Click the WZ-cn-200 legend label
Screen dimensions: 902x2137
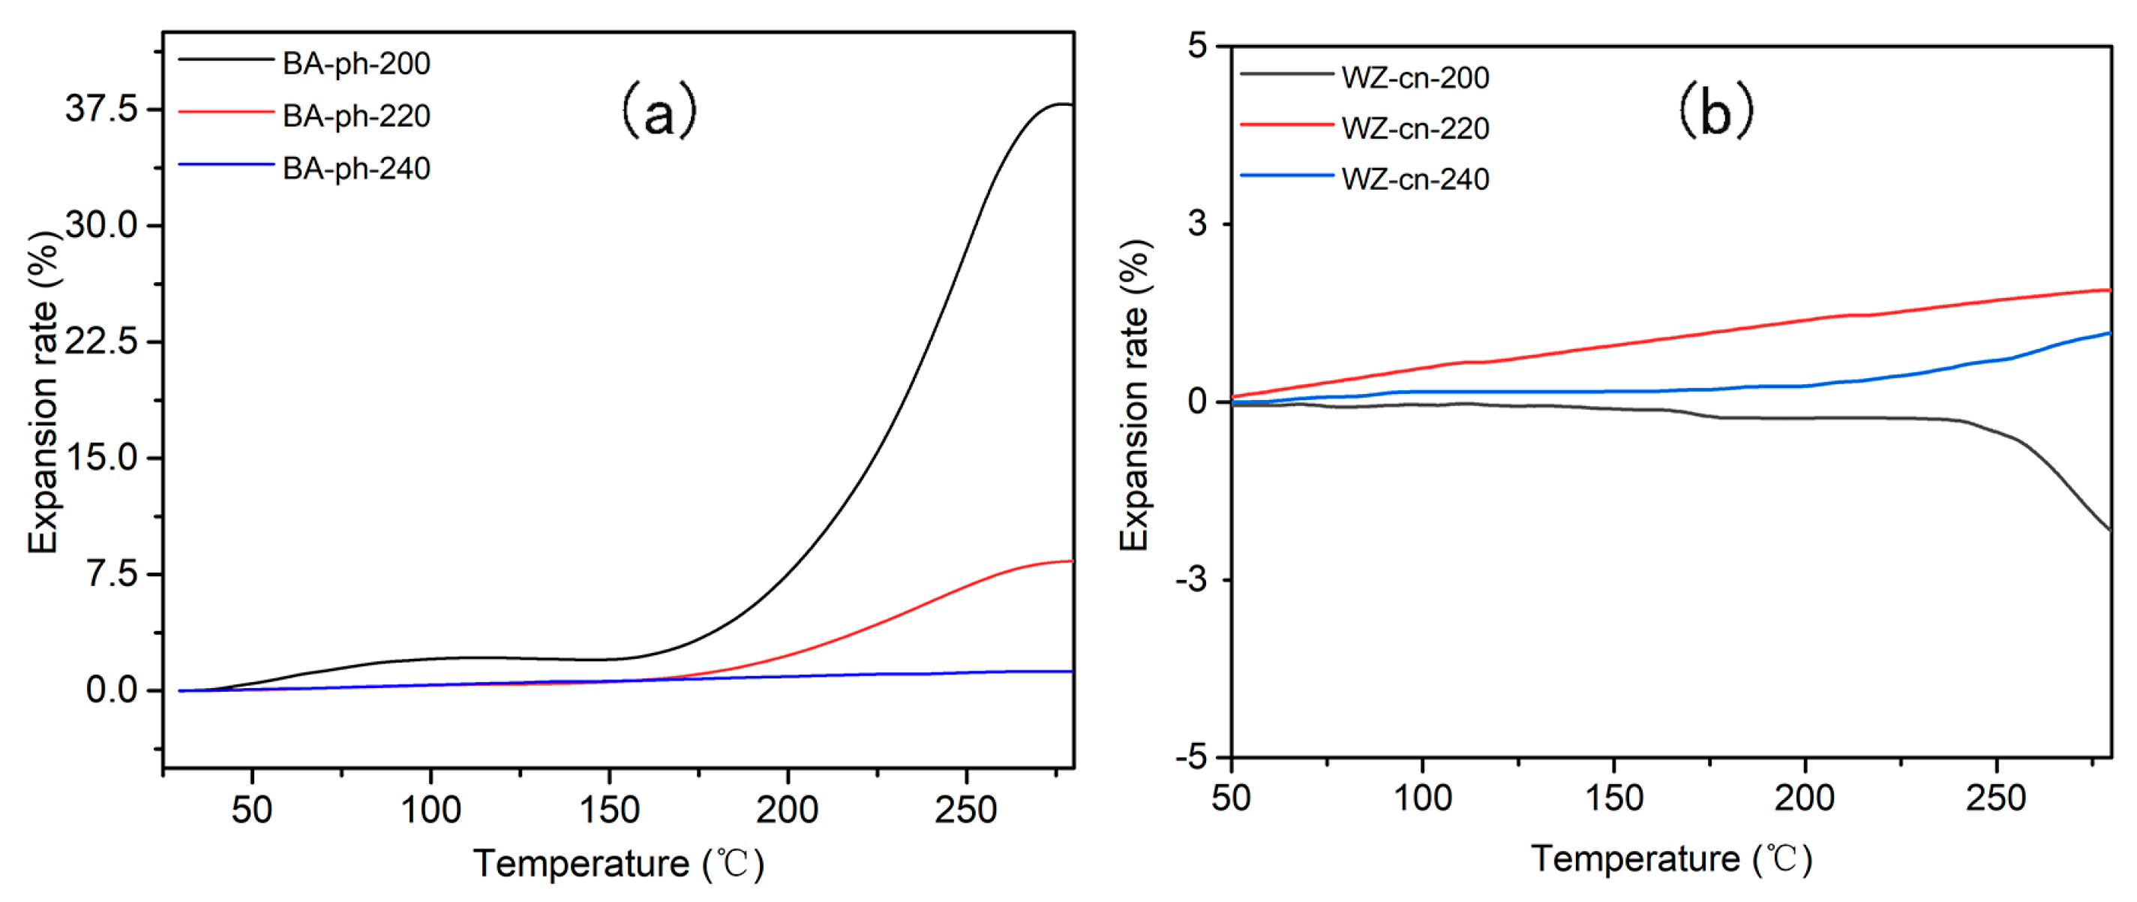[x=1415, y=78]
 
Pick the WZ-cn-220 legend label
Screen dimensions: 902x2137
[x=1415, y=128]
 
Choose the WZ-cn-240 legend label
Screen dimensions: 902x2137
[x=1415, y=179]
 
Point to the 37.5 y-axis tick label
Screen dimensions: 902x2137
[x=102, y=109]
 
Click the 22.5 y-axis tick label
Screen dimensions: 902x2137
[x=102, y=341]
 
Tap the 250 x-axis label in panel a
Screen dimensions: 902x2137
[x=965, y=810]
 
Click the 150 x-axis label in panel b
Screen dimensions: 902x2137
[x=1613, y=798]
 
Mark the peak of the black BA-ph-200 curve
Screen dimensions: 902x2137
[x=1062, y=104]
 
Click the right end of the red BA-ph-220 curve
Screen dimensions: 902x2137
[x=1073, y=561]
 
